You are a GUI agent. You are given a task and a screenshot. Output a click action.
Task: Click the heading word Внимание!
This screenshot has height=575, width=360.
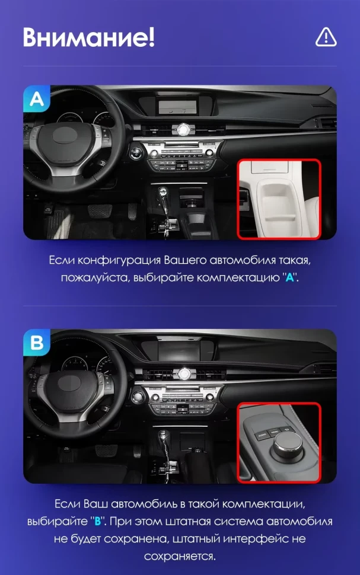(x=89, y=37)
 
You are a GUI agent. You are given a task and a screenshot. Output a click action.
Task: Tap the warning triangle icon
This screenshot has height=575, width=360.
(x=326, y=37)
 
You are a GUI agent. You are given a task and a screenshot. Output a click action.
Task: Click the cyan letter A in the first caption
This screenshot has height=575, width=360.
(x=290, y=277)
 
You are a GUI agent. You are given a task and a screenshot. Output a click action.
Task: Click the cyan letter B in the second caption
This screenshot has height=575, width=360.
(x=98, y=522)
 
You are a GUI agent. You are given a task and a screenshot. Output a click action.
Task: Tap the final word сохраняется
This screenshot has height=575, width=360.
(x=180, y=557)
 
